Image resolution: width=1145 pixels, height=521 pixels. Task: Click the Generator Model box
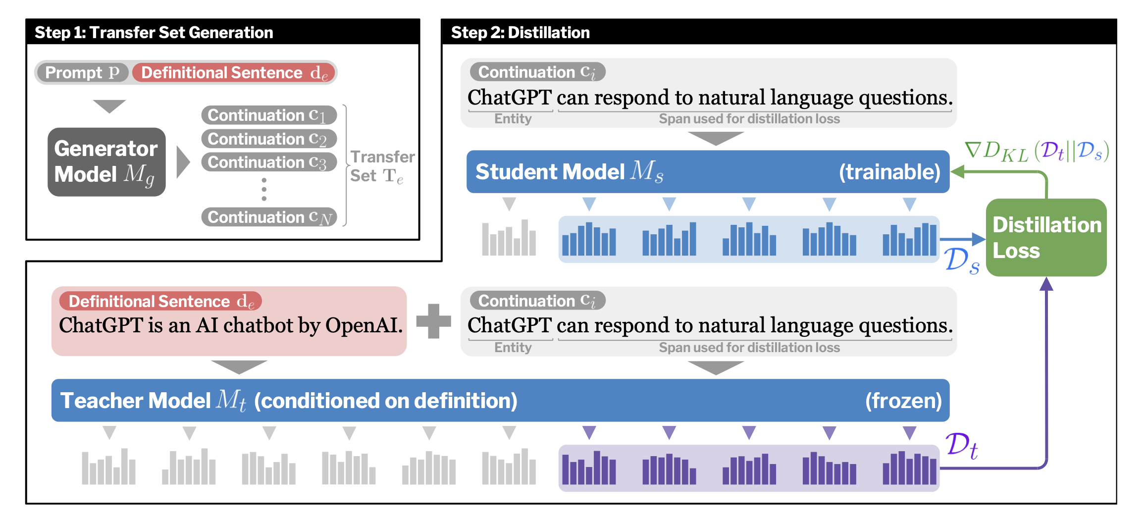tap(106, 162)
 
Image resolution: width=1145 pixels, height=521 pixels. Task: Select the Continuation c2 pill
tap(268, 139)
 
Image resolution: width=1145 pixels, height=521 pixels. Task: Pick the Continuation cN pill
tap(268, 217)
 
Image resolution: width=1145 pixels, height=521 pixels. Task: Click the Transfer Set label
tap(382, 166)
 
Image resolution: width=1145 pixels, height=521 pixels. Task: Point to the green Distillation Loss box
tap(1046, 238)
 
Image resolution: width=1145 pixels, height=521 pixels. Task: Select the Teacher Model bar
tap(500, 400)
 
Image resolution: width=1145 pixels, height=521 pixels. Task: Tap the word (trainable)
tap(889, 172)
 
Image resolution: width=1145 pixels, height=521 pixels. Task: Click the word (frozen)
tap(903, 401)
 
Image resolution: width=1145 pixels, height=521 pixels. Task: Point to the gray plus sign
tap(433, 321)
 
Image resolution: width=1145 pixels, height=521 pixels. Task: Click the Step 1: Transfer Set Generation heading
tap(154, 32)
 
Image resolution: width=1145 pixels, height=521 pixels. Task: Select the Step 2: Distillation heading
tap(520, 32)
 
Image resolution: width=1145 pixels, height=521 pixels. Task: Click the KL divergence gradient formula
tap(1037, 151)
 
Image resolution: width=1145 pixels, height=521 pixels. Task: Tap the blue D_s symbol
tap(961, 260)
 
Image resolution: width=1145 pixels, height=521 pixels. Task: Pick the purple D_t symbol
tap(961, 445)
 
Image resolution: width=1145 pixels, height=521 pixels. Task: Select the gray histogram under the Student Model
tap(509, 239)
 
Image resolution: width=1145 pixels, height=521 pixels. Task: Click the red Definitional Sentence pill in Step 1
tap(234, 73)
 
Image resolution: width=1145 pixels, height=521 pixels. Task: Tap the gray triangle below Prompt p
tap(109, 105)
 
